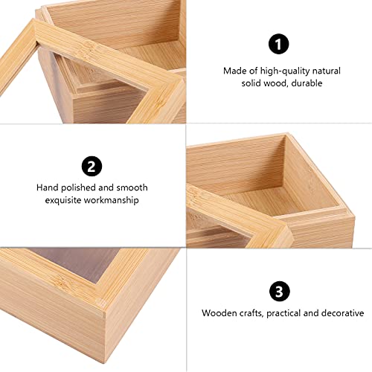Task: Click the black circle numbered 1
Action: point(278,45)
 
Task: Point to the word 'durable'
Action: point(307,84)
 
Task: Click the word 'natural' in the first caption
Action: point(324,71)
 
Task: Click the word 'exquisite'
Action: point(64,200)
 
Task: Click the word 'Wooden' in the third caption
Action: point(219,313)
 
